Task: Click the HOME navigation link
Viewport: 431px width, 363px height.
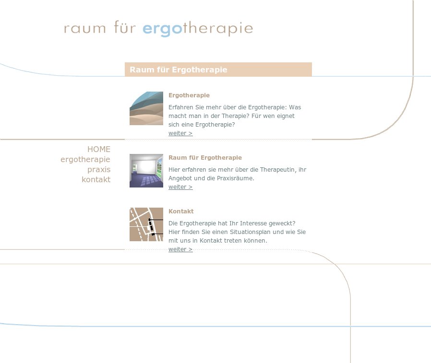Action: click(x=99, y=149)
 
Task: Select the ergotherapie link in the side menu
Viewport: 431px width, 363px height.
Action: click(x=85, y=160)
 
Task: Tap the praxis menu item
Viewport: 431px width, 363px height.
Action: click(x=99, y=170)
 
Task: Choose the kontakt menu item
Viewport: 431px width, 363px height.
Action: click(x=96, y=179)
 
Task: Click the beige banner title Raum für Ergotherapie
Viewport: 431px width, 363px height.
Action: click(x=179, y=70)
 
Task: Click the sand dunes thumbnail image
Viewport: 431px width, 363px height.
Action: click(x=146, y=108)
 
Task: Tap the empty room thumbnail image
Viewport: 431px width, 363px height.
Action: click(x=146, y=171)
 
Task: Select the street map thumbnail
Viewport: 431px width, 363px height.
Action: click(x=146, y=224)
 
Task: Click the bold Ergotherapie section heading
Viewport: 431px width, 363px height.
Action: click(x=189, y=95)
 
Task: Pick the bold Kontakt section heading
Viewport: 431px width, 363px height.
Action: click(x=181, y=211)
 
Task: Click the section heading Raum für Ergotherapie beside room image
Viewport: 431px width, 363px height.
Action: click(x=205, y=158)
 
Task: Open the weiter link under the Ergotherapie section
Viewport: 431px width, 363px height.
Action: click(x=180, y=133)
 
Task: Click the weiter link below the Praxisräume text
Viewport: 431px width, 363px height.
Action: click(x=180, y=187)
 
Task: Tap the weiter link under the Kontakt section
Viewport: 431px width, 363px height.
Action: click(x=180, y=249)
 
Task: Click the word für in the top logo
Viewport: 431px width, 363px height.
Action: click(x=125, y=27)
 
